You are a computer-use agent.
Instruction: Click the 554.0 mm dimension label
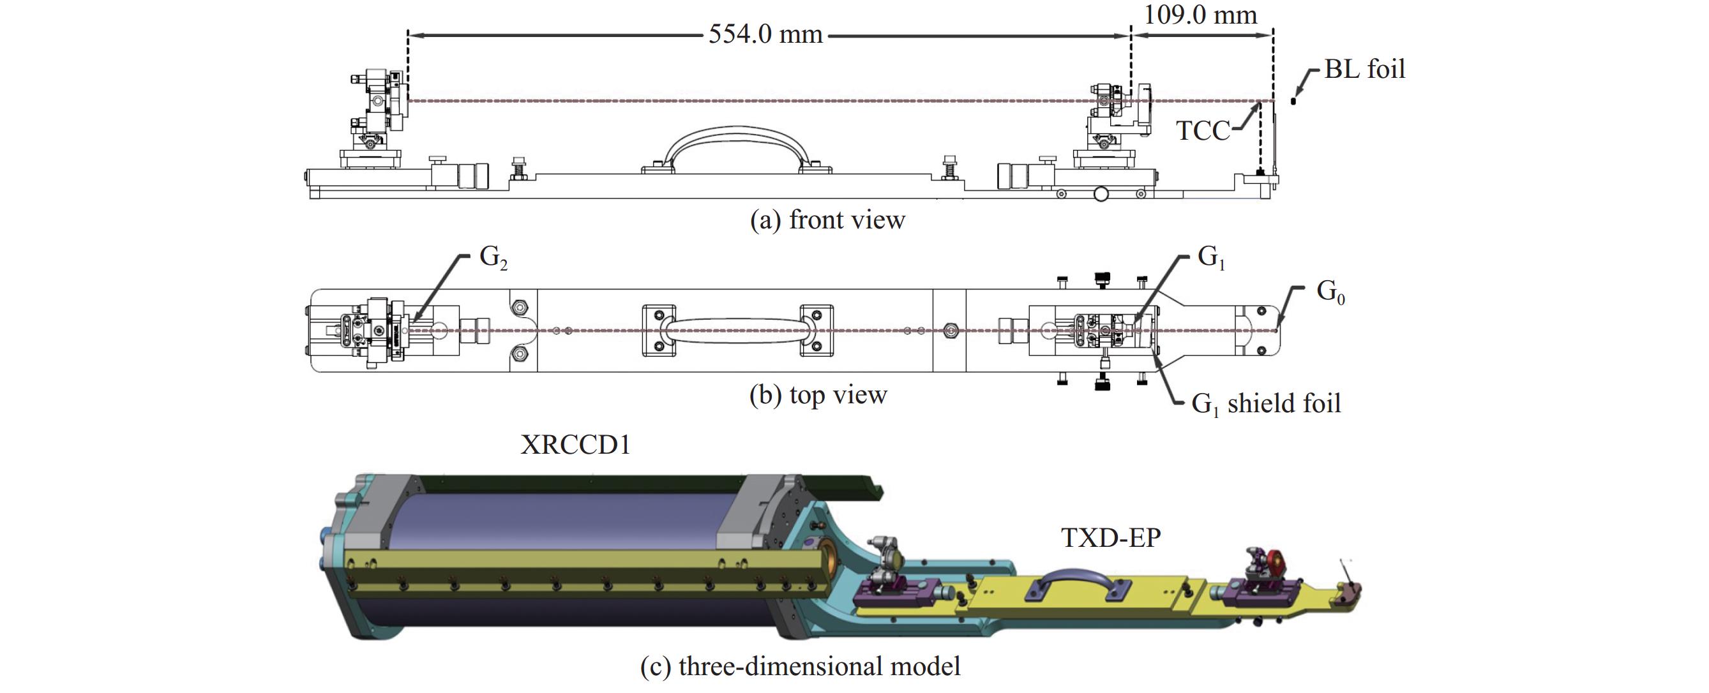pos(765,34)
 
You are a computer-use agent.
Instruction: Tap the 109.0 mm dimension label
pos(1200,14)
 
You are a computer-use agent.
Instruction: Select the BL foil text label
pos(1365,69)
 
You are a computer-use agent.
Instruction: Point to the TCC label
pos(1203,131)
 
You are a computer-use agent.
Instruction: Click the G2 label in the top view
pos(493,257)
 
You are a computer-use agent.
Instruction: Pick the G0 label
pos(1330,292)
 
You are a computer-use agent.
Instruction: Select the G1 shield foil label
pos(1266,404)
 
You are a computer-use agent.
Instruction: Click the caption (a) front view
pos(827,220)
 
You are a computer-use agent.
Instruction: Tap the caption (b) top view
pos(818,395)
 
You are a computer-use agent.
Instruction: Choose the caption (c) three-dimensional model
pos(800,666)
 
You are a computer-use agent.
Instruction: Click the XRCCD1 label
pos(575,444)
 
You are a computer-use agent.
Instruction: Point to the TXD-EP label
pos(1111,538)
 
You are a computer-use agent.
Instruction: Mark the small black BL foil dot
pos(1293,101)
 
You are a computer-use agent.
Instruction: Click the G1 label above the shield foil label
pos(1212,257)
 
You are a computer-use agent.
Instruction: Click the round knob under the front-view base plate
pos(1101,193)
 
